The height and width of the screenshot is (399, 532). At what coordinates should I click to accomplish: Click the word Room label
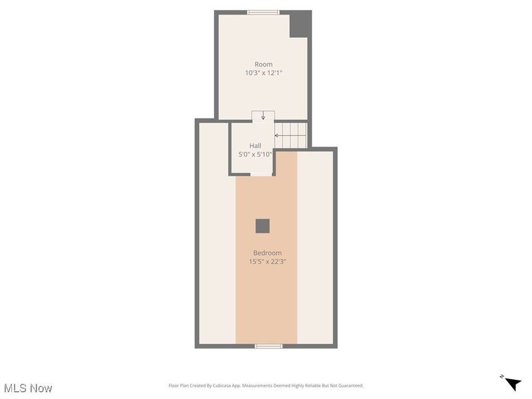pyautogui.click(x=263, y=65)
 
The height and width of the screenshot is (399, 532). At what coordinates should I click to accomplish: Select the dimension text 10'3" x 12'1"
pyautogui.click(x=263, y=73)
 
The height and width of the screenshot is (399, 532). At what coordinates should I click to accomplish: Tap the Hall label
pyautogui.click(x=255, y=146)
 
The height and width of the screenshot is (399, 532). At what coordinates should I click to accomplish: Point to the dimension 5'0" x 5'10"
pyautogui.click(x=255, y=154)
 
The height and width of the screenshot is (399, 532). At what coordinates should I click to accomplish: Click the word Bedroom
pyautogui.click(x=267, y=253)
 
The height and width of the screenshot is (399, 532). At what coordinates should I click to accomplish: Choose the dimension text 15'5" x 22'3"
pyautogui.click(x=267, y=261)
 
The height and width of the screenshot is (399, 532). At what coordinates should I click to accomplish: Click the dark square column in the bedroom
pyautogui.click(x=263, y=226)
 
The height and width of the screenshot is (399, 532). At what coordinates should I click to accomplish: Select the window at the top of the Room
pyautogui.click(x=263, y=12)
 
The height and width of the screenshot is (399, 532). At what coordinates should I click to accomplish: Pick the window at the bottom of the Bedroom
pyautogui.click(x=269, y=346)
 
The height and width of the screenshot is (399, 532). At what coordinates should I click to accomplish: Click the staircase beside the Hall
pyautogui.click(x=291, y=135)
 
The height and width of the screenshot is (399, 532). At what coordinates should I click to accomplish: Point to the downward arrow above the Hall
pyautogui.click(x=263, y=116)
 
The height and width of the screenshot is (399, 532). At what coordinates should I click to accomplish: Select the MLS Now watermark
pyautogui.click(x=28, y=388)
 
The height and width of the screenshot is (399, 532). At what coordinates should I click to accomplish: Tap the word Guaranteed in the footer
pyautogui.click(x=348, y=386)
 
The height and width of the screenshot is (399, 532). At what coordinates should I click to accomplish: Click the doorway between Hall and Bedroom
pyautogui.click(x=263, y=174)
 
